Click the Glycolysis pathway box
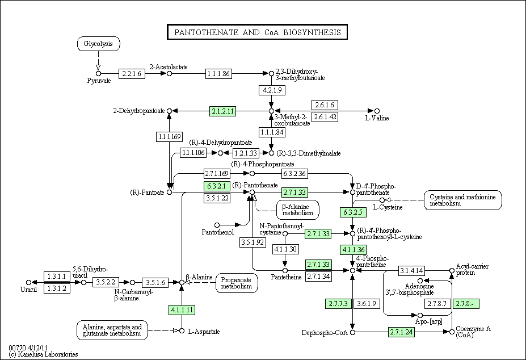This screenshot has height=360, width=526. tap(98, 44)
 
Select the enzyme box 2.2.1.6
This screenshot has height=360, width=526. tap(132, 74)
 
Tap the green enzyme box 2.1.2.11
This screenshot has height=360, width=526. tap(223, 111)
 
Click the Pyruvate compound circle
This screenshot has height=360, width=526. tap(98, 74)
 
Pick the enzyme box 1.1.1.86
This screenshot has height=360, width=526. tap(218, 74)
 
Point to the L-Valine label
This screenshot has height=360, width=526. tap(377, 118)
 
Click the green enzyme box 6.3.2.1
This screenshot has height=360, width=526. tap(217, 186)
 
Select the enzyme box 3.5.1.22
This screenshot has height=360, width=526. tap(217, 198)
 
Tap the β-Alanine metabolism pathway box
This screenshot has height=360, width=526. tap(297, 210)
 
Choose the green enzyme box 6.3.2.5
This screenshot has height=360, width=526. tap(353, 212)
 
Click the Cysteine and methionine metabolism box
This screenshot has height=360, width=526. tap(462, 200)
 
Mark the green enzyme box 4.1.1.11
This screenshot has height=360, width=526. tap(182, 309)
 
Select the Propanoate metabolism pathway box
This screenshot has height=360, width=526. tap(237, 283)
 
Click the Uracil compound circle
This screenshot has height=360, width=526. tap(28, 282)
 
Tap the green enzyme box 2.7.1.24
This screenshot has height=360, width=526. tap(402, 332)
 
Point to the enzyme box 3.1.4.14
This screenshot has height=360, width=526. tap(411, 270)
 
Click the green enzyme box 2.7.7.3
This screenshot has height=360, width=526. tap(339, 304)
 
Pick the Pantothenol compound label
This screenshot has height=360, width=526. tap(218, 232)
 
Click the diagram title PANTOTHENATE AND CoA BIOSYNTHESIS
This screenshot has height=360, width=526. tap(257, 32)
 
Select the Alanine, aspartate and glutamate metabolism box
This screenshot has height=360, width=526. tap(112, 330)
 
